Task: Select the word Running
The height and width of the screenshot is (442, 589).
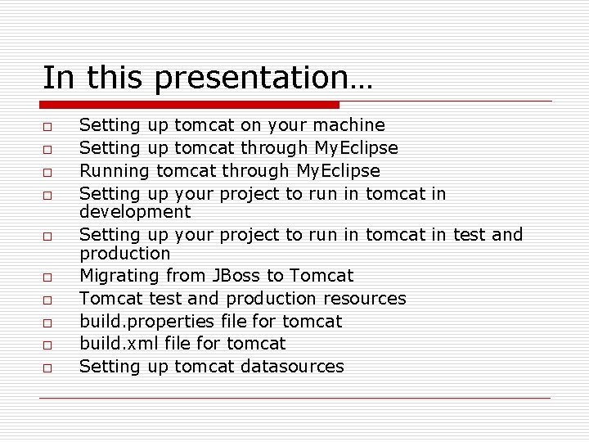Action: tap(115, 171)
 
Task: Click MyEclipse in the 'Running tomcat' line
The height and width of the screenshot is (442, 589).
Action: tap(338, 171)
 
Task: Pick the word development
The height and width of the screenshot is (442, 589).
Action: tap(135, 212)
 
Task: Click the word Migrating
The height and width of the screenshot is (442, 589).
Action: tap(119, 276)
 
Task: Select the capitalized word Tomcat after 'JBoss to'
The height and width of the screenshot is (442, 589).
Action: tap(321, 276)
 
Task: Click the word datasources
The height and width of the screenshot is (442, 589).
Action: tap(292, 367)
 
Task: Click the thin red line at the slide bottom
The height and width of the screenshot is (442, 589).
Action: tap(294, 399)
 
